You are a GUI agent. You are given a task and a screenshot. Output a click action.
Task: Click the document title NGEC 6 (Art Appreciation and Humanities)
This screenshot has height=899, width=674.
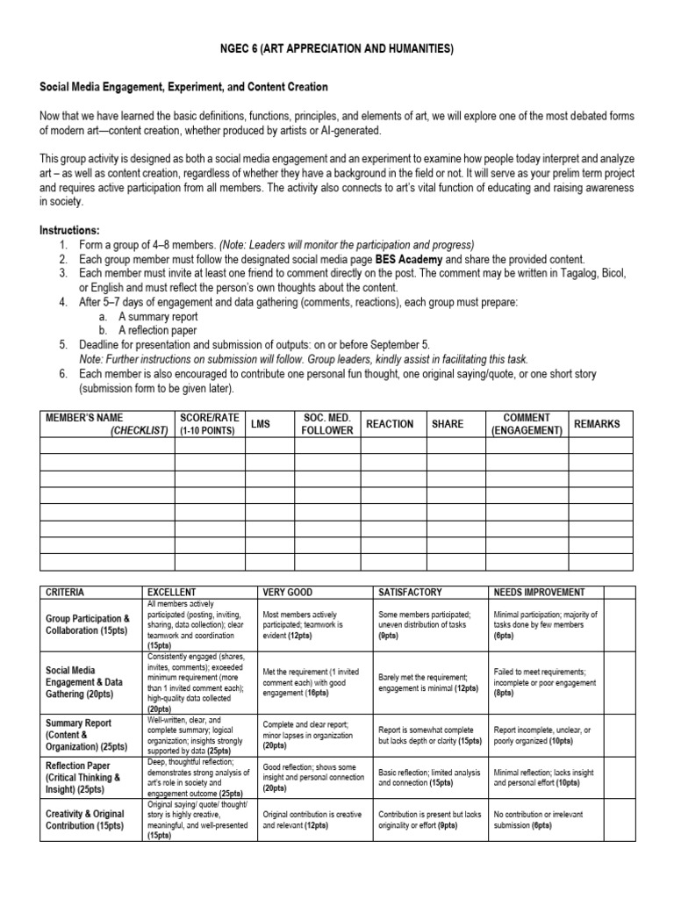click(337, 49)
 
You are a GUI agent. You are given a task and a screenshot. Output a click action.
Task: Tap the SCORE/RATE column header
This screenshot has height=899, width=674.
click(208, 423)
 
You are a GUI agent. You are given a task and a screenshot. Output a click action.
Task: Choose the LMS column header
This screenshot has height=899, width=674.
click(261, 424)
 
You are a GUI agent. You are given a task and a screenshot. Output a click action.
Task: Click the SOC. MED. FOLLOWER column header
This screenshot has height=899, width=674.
click(326, 424)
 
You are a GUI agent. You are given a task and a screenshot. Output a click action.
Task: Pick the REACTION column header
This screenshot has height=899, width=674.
click(390, 424)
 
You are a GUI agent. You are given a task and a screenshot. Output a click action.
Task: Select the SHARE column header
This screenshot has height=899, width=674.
click(448, 424)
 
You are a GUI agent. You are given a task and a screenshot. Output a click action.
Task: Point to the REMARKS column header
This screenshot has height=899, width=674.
click(597, 424)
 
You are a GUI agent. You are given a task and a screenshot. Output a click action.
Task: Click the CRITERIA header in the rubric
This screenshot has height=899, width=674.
click(65, 592)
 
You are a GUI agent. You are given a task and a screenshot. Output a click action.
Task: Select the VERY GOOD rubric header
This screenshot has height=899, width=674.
click(288, 592)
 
